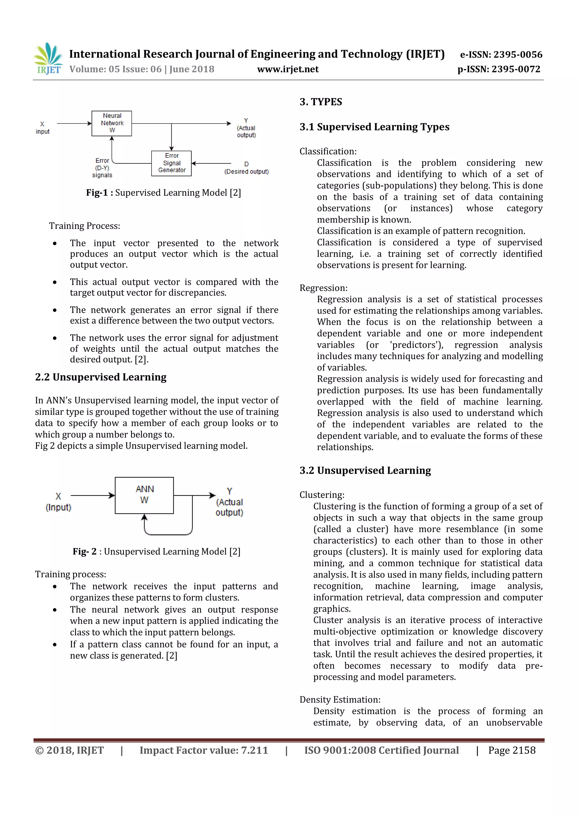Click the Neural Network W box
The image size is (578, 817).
(112, 123)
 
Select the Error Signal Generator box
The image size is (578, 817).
(172, 163)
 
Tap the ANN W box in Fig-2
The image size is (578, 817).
(144, 495)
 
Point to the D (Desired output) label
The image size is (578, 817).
(246, 168)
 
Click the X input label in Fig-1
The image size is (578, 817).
(42, 128)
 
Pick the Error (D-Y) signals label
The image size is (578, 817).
(102, 168)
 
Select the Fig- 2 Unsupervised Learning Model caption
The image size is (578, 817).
(157, 551)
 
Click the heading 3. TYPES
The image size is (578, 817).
(321, 102)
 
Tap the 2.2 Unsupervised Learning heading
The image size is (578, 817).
(101, 377)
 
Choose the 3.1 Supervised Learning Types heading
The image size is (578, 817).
(375, 127)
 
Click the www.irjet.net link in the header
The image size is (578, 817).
(288, 69)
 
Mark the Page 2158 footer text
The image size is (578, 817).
(511, 750)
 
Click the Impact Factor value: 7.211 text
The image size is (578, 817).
(203, 750)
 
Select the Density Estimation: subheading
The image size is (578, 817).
(340, 700)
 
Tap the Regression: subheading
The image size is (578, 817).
(323, 288)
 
